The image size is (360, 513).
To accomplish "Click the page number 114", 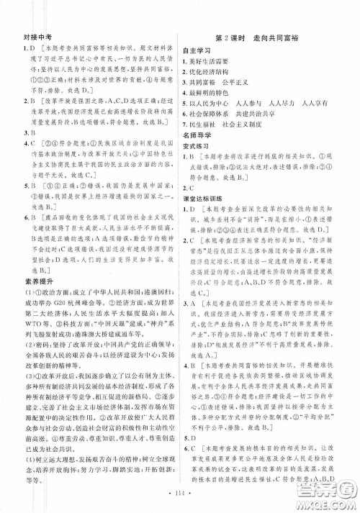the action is click(x=179, y=496).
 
